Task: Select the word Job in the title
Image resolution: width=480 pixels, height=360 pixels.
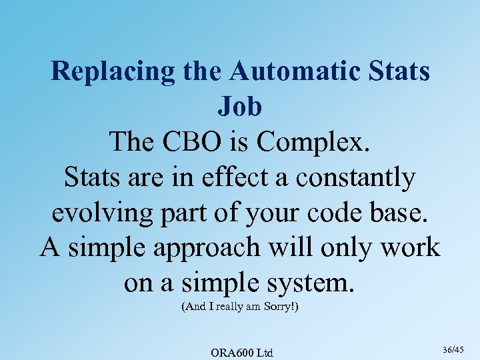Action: pos(240,107)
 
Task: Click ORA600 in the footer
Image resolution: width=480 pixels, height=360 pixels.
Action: pos(231,352)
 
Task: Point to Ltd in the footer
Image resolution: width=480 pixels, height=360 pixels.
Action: pos(265,352)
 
